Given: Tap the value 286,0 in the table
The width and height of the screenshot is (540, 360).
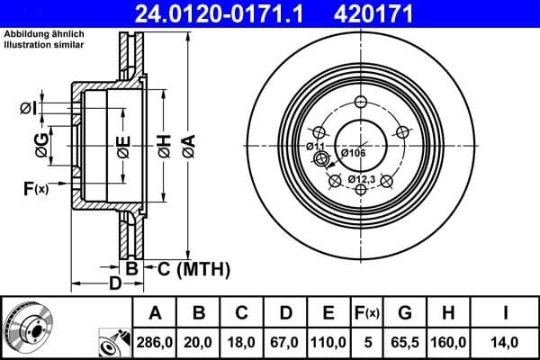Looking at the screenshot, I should click(x=155, y=342).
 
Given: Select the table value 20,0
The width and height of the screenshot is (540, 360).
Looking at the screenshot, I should click(x=199, y=342).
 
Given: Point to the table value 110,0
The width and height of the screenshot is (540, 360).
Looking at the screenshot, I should click(x=328, y=342).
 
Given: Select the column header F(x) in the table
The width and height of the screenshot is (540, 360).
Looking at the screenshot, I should click(x=367, y=313).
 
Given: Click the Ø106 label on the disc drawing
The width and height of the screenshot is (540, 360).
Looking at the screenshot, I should click(x=354, y=153).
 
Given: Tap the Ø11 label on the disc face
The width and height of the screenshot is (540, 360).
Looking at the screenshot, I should click(x=315, y=146).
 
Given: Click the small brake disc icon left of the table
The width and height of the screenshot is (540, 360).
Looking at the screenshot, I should click(x=27, y=326).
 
